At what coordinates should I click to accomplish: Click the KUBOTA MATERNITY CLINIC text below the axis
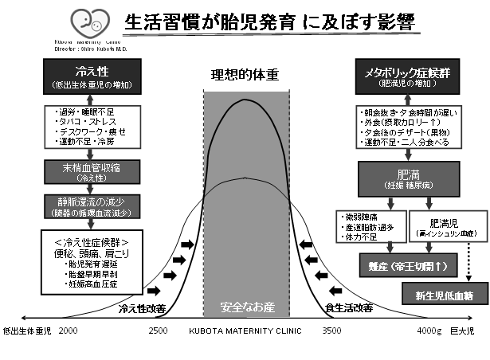click(x=245, y=329)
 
